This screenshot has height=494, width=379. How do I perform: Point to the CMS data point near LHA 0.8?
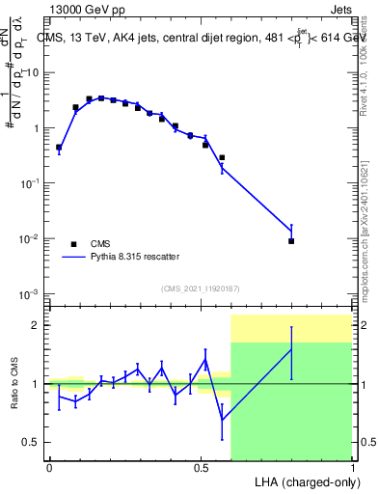pos(291,241)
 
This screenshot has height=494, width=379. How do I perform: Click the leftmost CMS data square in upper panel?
pos(59,148)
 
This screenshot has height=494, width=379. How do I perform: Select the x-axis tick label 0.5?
pos(201,467)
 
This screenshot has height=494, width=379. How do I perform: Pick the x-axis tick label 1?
pos(352,467)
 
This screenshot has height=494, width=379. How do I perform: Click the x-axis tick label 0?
pos(49,467)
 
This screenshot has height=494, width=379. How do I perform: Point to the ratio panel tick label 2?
pos(36,325)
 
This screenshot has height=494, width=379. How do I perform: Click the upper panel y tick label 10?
pos(31,72)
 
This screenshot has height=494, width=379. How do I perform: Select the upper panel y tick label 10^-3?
pos(29,293)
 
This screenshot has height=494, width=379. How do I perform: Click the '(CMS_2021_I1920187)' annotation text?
pos(201,288)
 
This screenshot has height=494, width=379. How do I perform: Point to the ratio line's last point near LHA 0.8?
pos(291,349)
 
